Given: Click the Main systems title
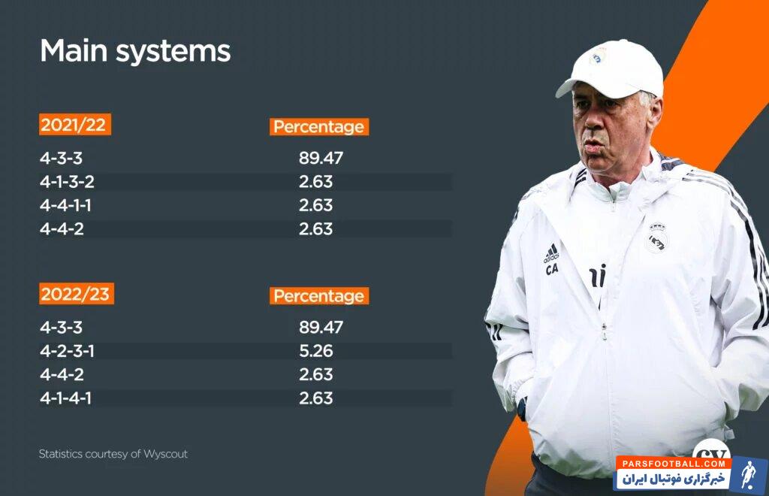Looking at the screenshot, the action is (x=135, y=52).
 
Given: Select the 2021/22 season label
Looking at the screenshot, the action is (x=74, y=125).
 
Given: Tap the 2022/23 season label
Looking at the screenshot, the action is (x=76, y=294).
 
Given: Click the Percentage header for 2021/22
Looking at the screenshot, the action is (x=318, y=126).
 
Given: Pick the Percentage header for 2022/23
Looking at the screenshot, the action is (x=318, y=296).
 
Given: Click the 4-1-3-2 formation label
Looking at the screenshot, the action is (x=67, y=182).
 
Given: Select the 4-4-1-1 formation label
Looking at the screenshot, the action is (x=65, y=205).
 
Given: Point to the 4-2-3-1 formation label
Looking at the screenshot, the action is (x=67, y=351).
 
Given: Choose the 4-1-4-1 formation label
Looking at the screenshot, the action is (x=65, y=398).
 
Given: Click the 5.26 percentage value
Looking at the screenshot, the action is (x=316, y=351).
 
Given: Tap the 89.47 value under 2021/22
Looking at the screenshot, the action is (x=321, y=158).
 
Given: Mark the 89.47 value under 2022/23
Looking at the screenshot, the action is (x=321, y=327).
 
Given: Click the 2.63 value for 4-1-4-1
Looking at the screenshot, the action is (x=316, y=398).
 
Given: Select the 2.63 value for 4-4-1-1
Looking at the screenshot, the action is (x=316, y=205).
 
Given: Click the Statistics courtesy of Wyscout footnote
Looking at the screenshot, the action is (x=113, y=454).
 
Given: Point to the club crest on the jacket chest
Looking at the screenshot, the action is (x=656, y=238).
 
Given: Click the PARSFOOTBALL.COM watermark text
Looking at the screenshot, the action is (x=674, y=463).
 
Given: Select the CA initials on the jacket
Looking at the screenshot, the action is (x=552, y=269).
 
